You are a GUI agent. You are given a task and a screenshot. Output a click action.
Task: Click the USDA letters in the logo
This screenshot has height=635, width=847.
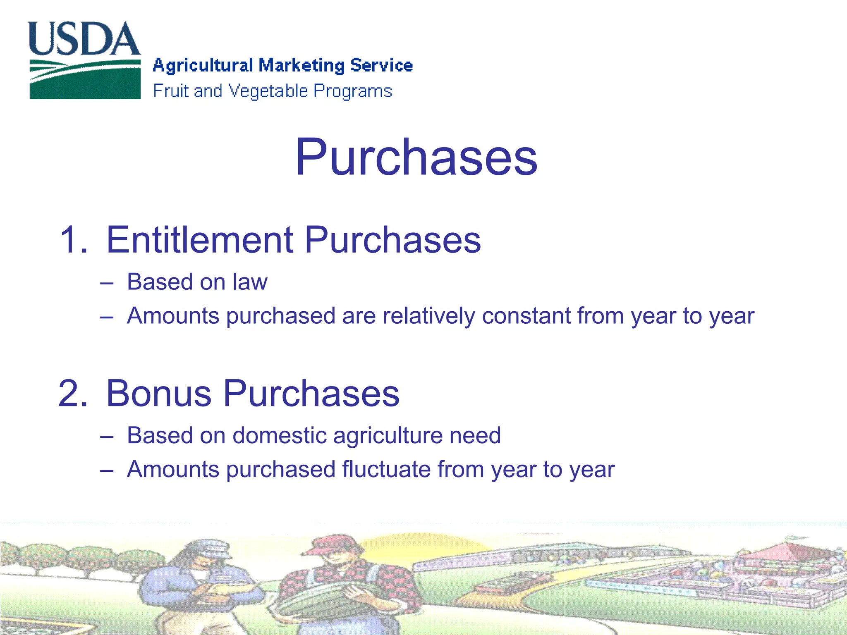pyautogui.click(x=84, y=39)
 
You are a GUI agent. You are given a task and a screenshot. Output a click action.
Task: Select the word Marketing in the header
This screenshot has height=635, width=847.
pyautogui.click(x=301, y=66)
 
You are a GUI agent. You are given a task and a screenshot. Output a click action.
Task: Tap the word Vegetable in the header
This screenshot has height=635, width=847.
pyautogui.click(x=268, y=91)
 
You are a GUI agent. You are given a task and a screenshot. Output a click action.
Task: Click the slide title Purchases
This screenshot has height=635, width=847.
pyautogui.click(x=416, y=157)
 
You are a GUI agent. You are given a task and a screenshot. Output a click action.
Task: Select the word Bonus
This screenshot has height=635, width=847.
pyautogui.click(x=159, y=394)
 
